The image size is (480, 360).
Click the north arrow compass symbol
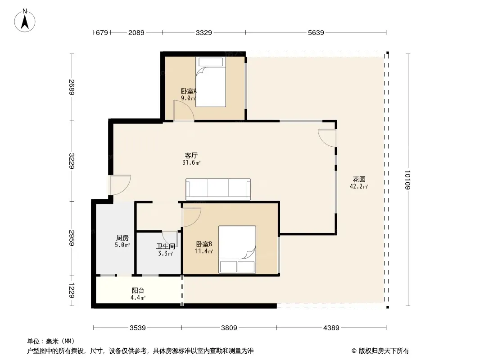point(25,21)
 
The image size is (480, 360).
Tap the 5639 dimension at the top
point(316,32)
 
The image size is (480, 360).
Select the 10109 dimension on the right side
point(408,180)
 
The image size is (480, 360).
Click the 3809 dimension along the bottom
point(229,328)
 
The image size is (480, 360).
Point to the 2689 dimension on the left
point(72,87)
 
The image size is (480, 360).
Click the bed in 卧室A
point(211,81)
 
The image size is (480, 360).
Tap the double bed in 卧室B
point(237,249)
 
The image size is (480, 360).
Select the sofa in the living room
point(218,189)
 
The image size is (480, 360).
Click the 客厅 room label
point(191,155)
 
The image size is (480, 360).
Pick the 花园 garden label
point(359,180)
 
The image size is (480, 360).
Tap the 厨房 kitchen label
point(122,238)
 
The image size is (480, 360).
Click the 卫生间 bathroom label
point(166,246)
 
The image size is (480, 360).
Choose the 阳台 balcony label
point(138,291)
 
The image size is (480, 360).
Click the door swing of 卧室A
point(184,110)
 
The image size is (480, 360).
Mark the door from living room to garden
point(327,138)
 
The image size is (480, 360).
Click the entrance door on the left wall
point(121,185)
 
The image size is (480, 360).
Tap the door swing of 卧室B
point(191,217)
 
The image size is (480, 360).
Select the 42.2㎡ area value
point(359,187)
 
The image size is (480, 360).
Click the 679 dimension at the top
point(102,32)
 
